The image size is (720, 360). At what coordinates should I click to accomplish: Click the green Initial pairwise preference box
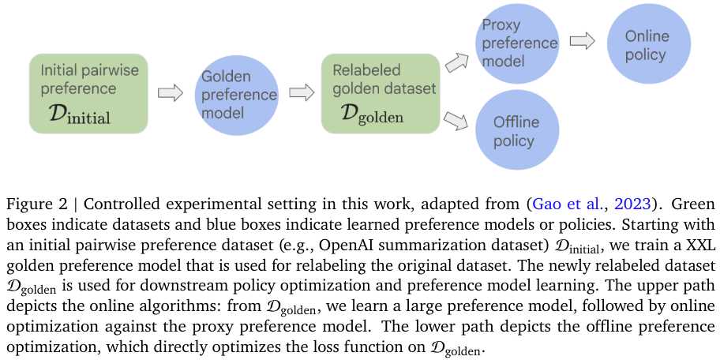tap(88, 93)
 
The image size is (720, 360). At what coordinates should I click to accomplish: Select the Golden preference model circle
tap(238, 95)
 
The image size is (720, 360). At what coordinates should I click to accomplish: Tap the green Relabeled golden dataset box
tap(381, 92)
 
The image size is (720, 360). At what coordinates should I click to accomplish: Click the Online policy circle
tap(646, 44)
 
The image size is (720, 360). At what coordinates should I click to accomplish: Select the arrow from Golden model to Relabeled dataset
tap(301, 93)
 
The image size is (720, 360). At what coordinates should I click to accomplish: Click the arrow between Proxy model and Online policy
tap(583, 41)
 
